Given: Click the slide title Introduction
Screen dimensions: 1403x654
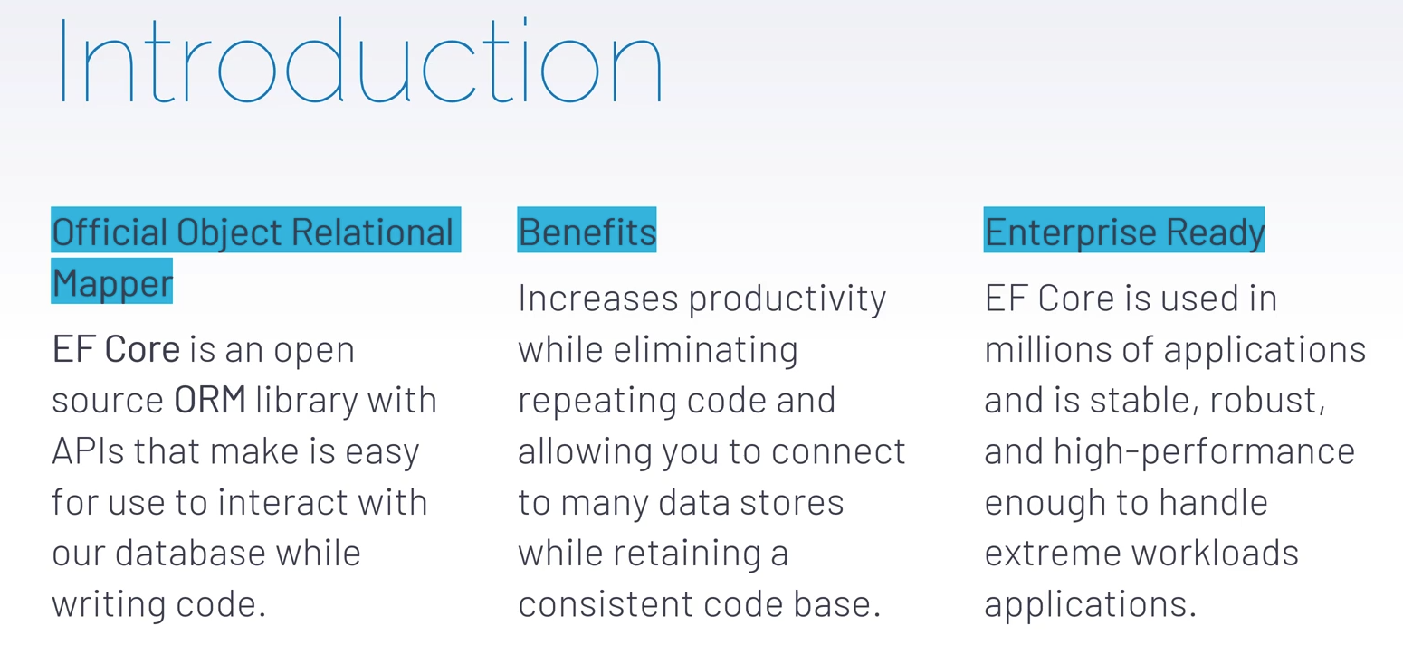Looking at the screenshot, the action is [361, 61].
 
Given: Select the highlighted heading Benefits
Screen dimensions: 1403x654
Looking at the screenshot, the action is [587, 232].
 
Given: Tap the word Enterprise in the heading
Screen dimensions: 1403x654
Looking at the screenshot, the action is [1070, 232].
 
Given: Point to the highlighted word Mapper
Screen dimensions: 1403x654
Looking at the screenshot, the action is [112, 283].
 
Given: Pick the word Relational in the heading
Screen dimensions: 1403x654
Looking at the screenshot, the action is [372, 232].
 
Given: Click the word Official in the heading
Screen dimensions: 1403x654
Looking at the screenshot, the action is [110, 232].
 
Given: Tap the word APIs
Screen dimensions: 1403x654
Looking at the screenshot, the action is [89, 450].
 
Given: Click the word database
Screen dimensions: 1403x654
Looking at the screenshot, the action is [190, 553].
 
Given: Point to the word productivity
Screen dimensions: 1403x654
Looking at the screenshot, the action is [787, 299].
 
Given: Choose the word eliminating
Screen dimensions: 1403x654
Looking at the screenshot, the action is [705, 350].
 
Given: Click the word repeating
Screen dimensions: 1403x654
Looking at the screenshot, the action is [597, 402].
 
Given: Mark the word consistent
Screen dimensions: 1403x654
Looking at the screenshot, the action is [606, 604].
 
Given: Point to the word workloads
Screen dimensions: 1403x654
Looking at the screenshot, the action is [1215, 553].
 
